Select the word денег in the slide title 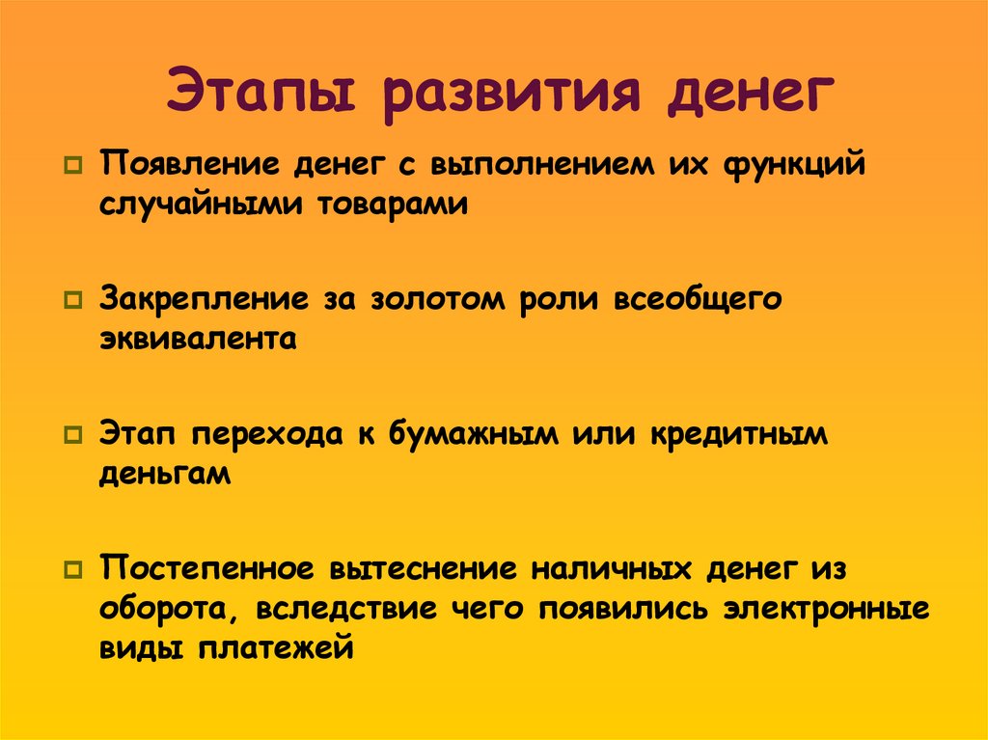(743, 95)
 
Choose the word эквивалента (197, 339)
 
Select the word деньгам (164, 474)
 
